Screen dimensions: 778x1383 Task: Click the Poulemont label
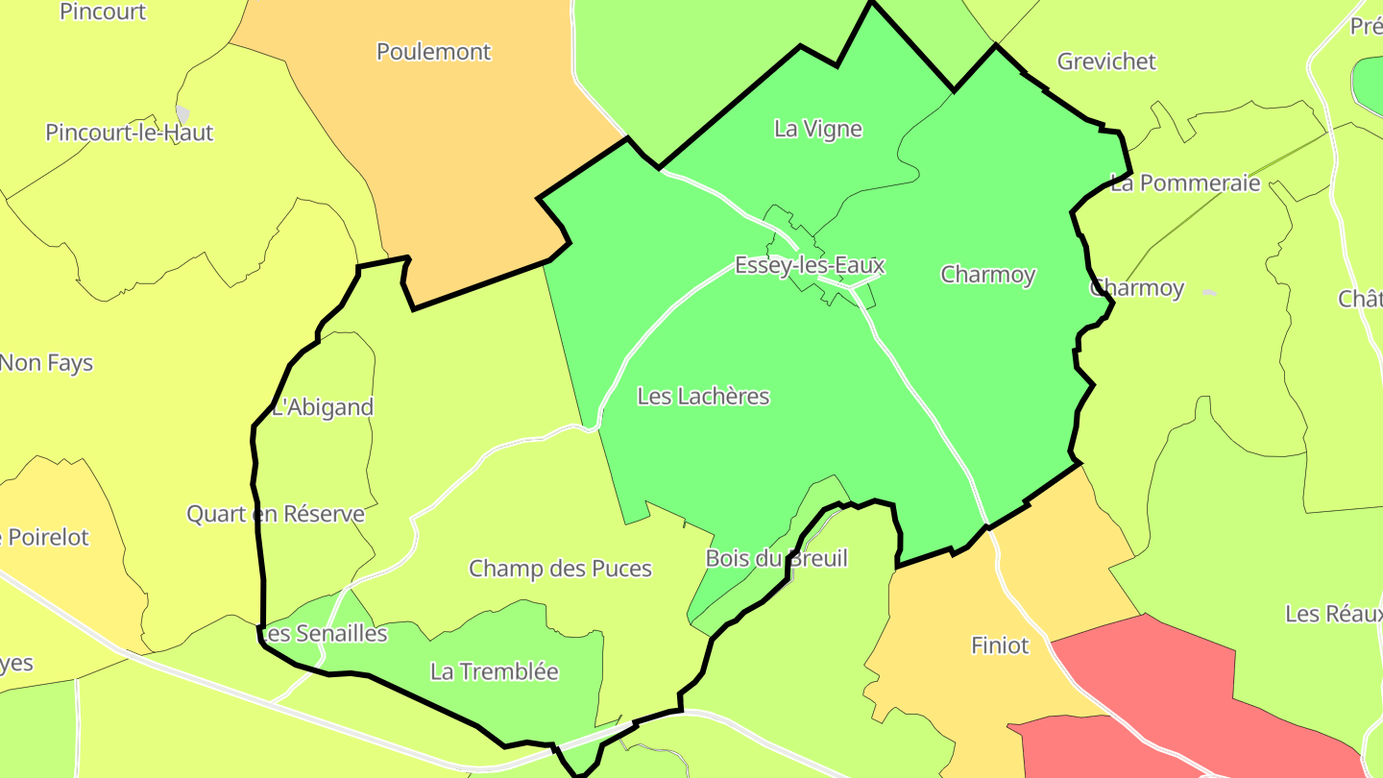coord(433,52)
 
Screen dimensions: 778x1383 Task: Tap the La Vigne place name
coord(818,129)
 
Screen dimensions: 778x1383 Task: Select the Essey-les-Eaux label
coord(809,265)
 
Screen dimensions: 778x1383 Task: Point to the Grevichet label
coord(1106,61)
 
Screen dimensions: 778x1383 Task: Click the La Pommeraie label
coord(1184,183)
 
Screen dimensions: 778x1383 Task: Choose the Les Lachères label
coord(703,396)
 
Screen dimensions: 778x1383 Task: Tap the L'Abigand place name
coord(323,407)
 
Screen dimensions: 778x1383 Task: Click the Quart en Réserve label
coord(276,514)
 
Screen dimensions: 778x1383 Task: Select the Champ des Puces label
coord(560,569)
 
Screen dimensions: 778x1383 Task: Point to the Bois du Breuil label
coord(776,558)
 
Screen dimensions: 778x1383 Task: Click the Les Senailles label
coord(324,634)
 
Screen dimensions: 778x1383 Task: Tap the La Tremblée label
coord(494,671)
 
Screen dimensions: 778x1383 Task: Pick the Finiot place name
coord(1000,645)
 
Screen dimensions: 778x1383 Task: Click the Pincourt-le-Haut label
coord(129,133)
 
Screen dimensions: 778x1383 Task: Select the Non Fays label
coord(46,363)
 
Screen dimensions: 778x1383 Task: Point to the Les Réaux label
coord(1333,613)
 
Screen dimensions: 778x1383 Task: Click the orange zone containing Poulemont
coord(480,144)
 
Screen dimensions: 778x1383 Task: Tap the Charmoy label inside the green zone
coord(987,275)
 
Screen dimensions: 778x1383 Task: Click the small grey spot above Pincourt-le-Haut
coord(182,113)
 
